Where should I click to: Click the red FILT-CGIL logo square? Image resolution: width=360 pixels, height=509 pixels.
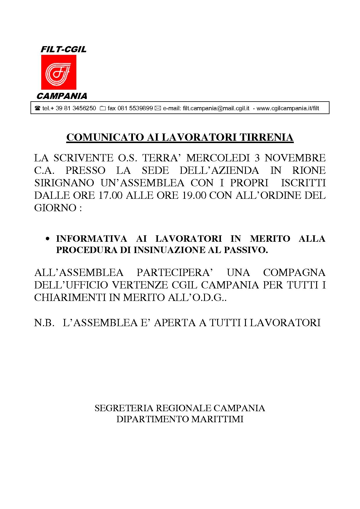point(58,72)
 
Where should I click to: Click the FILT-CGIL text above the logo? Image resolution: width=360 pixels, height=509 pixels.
point(63,49)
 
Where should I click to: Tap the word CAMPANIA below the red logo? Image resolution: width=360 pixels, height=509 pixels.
point(62,96)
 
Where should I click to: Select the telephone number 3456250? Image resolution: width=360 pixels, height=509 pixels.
point(84,108)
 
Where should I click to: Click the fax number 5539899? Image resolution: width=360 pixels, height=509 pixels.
point(141,108)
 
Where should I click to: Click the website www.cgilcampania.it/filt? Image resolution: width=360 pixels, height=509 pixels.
point(288,108)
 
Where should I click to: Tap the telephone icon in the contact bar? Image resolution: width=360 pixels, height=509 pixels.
point(37,109)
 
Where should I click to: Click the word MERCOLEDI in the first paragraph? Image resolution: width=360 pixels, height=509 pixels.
point(218,158)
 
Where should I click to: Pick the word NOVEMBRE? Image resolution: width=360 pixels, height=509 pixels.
point(295,158)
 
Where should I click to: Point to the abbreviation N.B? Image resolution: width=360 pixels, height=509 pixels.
point(44,322)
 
